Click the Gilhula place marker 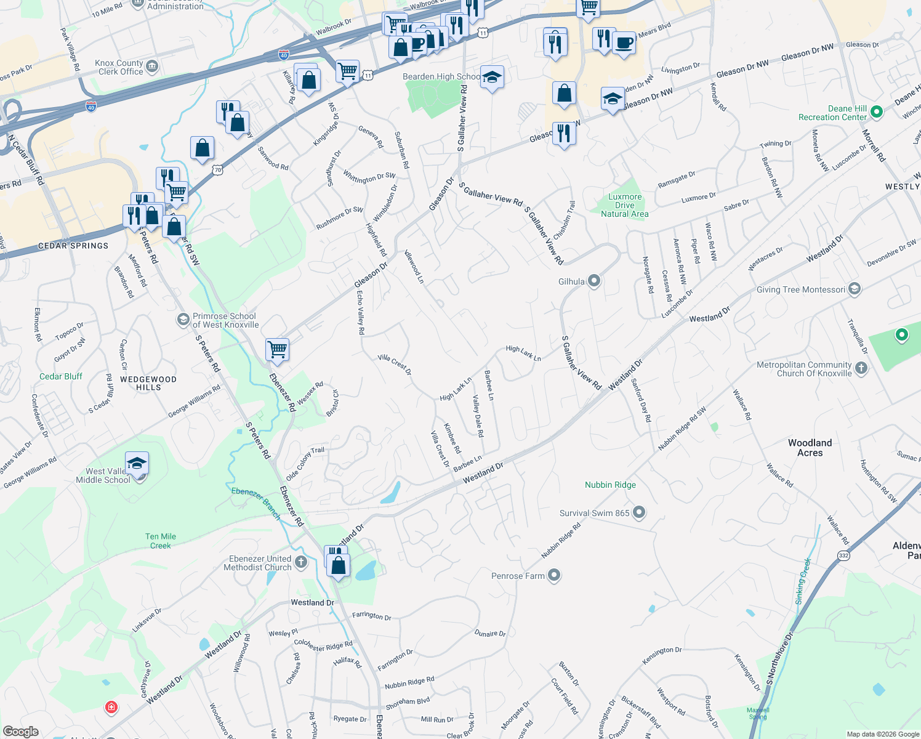pos(594,281)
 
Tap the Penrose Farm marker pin pos(554,576)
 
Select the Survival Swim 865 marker pos(639,512)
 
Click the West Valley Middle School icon pos(137,464)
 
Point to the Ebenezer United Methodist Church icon pos(301,562)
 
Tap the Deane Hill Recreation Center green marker pos(877,112)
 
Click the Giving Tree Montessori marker pos(854,289)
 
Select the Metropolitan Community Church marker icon pos(861,368)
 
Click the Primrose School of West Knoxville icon pos(183,320)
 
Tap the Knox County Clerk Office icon pos(152,67)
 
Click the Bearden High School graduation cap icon pos(491,78)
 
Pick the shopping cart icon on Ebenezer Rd pos(278,349)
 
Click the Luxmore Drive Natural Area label pos(624,205)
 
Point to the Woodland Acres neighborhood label pos(810,448)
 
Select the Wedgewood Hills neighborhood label pos(148,383)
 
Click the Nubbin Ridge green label pos(610,485)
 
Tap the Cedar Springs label pos(73,246)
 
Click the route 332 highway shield pos(843,555)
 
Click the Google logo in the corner pos(20,732)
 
